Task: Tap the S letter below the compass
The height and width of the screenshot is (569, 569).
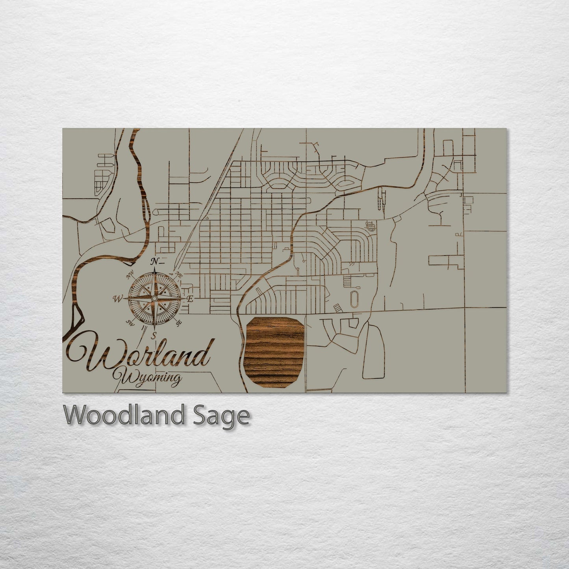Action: click(x=154, y=335)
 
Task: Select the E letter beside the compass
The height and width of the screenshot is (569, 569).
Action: click(x=189, y=299)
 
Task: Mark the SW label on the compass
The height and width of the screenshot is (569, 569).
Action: click(x=129, y=323)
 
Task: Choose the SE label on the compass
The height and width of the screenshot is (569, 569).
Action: click(x=179, y=323)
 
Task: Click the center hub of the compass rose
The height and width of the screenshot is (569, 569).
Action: click(x=154, y=299)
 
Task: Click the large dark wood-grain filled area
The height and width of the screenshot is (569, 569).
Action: click(x=274, y=352)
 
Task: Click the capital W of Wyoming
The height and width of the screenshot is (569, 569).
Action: click(x=120, y=376)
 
